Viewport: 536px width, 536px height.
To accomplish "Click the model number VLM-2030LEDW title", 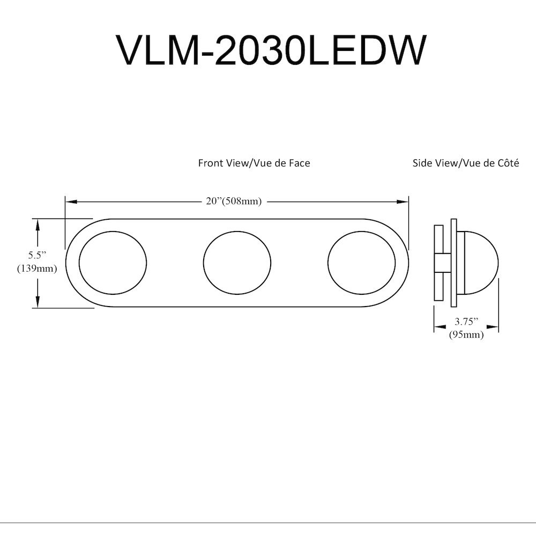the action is click(x=271, y=50).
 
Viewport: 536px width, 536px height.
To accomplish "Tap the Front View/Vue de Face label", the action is click(x=254, y=163).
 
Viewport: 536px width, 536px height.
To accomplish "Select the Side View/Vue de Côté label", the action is click(x=466, y=163).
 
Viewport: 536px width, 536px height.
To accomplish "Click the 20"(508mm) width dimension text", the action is click(x=234, y=202).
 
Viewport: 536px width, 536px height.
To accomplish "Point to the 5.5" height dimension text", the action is click(x=37, y=255).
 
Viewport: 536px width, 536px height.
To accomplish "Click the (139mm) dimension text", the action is click(x=37, y=269).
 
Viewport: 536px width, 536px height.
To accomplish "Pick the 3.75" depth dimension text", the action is click(x=466, y=321).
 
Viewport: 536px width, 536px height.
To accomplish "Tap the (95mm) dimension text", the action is click(x=466, y=334).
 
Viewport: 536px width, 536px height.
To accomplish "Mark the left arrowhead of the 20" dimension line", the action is click(x=71, y=202).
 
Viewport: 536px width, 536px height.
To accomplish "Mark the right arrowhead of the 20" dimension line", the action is click(x=403, y=202).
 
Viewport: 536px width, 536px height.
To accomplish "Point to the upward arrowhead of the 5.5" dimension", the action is click(x=38, y=225).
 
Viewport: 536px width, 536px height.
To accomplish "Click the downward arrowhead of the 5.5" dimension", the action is click(x=38, y=301).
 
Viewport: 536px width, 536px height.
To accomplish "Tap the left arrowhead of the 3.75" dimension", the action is click(x=440, y=327).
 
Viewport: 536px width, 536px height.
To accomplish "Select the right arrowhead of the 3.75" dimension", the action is click(x=493, y=327).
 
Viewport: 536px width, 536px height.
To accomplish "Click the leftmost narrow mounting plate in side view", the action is click(x=438, y=263).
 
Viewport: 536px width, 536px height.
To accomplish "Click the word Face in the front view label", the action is click(x=300, y=163).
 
